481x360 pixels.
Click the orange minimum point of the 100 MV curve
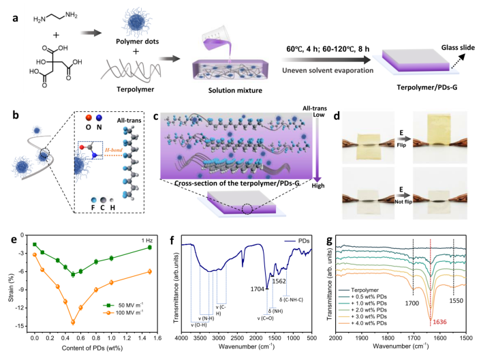point(73,322)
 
